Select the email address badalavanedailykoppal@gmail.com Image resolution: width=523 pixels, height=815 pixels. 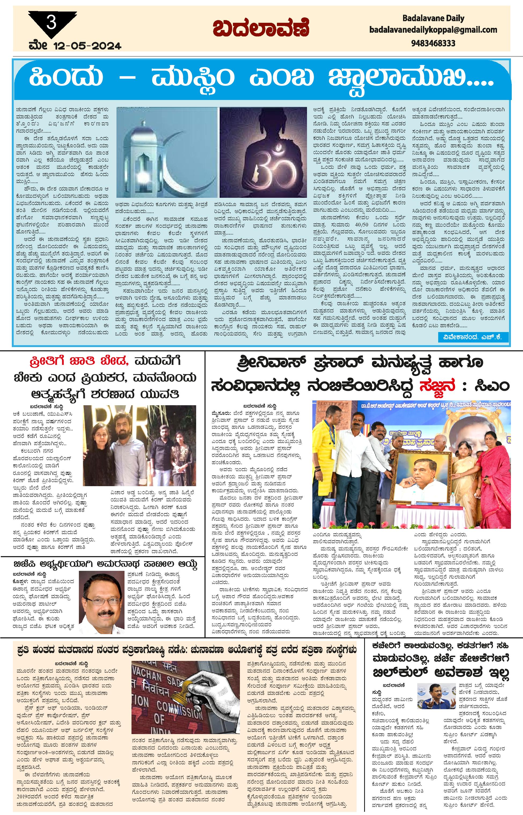pos(433,30)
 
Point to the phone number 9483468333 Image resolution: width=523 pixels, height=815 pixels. pos(433,43)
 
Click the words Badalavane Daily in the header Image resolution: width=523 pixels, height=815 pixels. pos(433,18)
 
